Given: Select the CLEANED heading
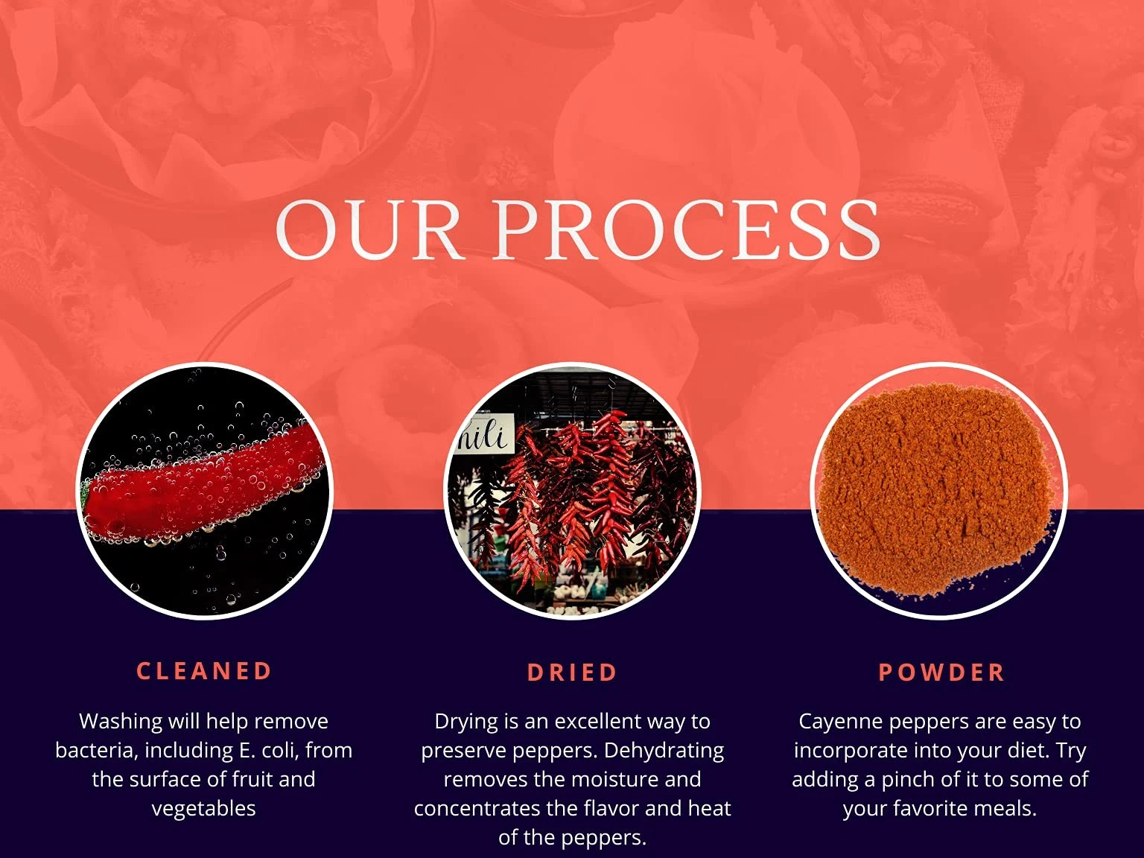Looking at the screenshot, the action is [x=204, y=671].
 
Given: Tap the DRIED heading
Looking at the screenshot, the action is [x=572, y=673].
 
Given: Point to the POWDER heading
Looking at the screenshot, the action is [x=941, y=673].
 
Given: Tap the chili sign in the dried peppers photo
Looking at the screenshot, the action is [x=484, y=433].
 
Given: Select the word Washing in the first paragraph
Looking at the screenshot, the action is [x=121, y=722].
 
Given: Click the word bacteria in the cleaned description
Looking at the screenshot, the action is [x=97, y=751].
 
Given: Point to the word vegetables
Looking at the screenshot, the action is [x=204, y=809].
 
